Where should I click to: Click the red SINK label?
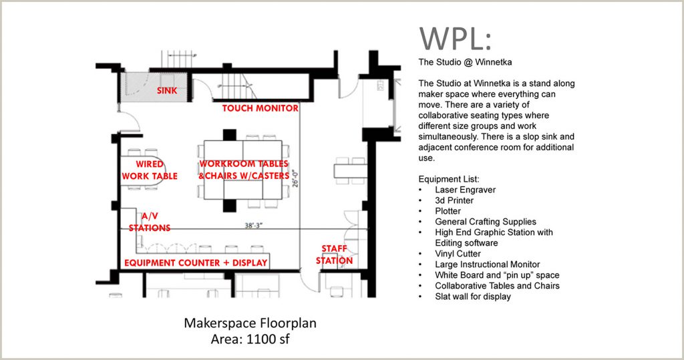(x=167, y=91)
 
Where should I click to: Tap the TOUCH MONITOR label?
(x=260, y=108)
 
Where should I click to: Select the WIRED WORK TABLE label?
(x=156, y=170)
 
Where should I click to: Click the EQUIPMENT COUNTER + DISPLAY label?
(x=196, y=262)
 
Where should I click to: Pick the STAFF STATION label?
(x=334, y=254)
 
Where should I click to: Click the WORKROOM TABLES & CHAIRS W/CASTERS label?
(x=244, y=170)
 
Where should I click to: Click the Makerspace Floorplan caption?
(x=250, y=324)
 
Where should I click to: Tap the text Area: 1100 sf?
(x=250, y=339)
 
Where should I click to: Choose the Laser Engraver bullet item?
(x=465, y=190)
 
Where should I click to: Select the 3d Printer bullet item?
(x=454, y=200)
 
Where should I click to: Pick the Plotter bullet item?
(x=448, y=211)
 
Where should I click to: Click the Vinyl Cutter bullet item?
(x=458, y=254)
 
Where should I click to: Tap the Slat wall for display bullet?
(x=472, y=297)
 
